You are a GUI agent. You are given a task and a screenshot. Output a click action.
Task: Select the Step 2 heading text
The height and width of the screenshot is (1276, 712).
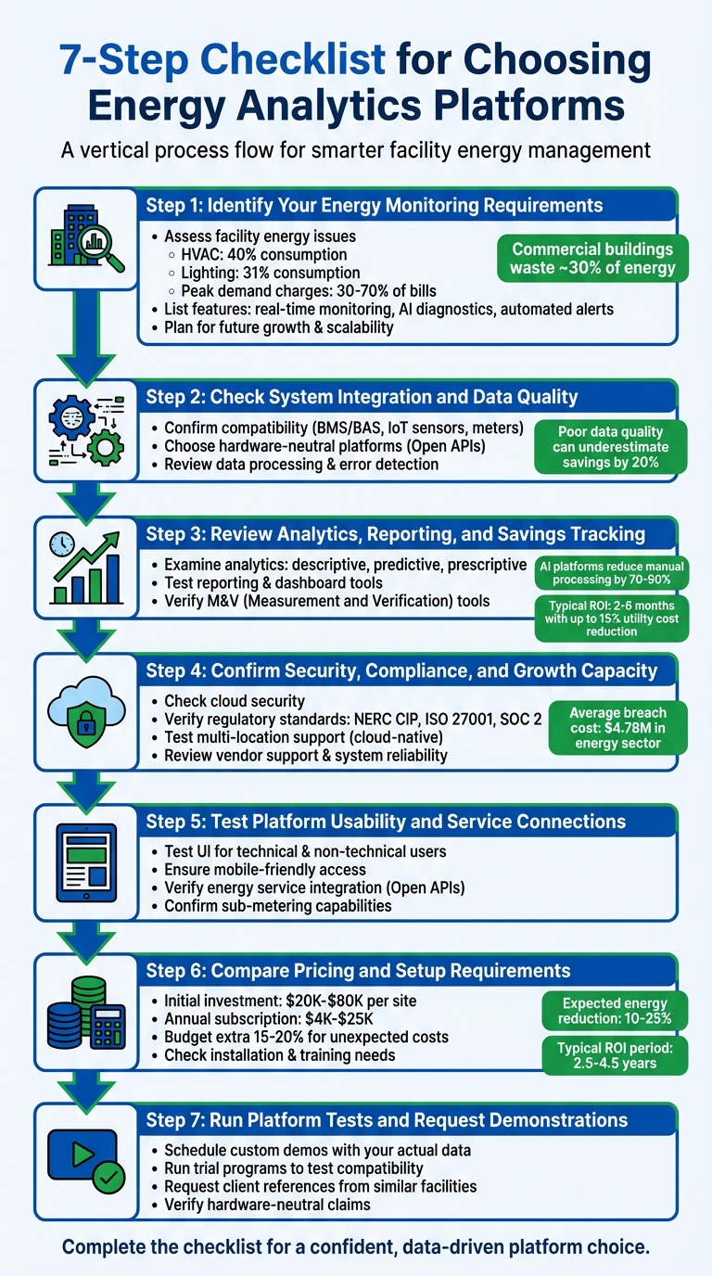pos(362,397)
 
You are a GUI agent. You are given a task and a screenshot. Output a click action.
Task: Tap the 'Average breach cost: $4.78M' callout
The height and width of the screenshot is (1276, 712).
pos(617,728)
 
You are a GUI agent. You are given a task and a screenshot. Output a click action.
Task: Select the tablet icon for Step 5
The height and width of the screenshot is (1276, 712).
pos(86,862)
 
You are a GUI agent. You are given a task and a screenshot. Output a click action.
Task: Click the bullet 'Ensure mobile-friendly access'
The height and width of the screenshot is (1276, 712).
pos(264,869)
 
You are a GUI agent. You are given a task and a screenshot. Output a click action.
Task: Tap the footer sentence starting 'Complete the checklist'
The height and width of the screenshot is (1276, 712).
pos(356,1247)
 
